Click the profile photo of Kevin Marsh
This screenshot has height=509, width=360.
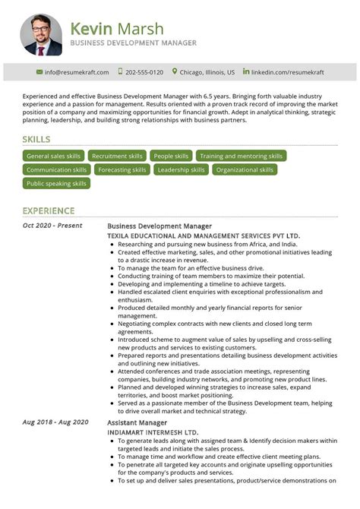[41, 35]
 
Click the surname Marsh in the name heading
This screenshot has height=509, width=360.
[138, 29]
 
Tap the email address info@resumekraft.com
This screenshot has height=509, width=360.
[77, 72]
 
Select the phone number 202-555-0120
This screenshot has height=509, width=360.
[144, 72]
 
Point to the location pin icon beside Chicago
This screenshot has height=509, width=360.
[175, 71]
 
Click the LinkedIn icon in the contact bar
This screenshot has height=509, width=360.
[245, 71]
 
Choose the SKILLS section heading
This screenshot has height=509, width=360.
[36, 140]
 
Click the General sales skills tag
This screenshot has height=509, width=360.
[53, 156]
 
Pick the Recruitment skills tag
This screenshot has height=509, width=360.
[117, 156]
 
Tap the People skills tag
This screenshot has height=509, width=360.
[171, 156]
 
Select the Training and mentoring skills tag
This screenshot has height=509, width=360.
[241, 156]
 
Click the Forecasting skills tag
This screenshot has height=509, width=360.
[122, 169]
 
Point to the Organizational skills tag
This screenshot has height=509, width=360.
[245, 169]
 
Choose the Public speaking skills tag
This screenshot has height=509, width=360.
[56, 183]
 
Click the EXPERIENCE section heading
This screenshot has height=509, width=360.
[49, 210]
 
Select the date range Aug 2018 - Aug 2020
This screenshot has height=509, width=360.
[55, 422]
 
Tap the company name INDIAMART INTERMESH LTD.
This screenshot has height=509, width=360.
[153, 432]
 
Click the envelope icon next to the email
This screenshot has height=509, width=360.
[39, 72]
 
